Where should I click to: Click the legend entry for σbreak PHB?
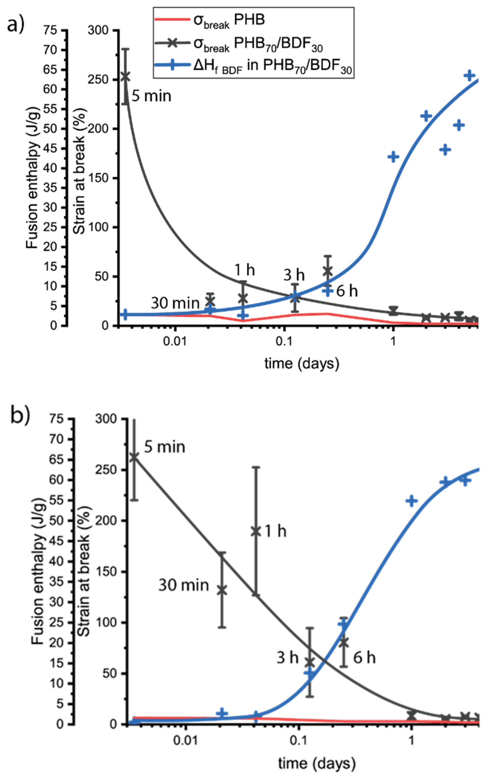[210, 20]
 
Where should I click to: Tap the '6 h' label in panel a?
[347, 291]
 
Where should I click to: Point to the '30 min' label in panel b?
[183, 585]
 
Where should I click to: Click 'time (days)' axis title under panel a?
[302, 364]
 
